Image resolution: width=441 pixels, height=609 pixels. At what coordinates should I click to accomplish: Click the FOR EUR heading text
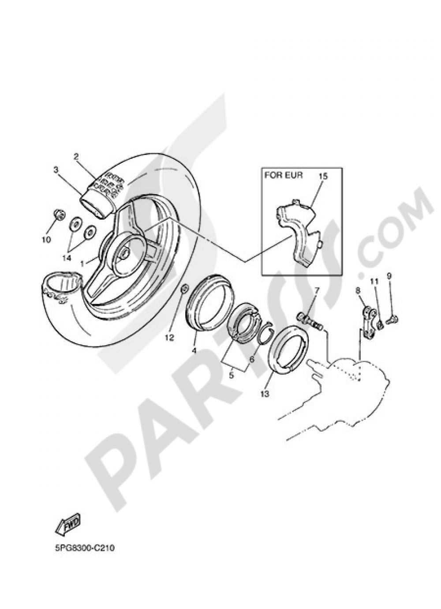(x=284, y=175)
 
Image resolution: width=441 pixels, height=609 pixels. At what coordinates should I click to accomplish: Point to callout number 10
(x=46, y=240)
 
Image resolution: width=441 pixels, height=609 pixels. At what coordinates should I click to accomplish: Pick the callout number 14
(x=66, y=258)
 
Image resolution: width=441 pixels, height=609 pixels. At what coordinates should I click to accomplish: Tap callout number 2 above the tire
(x=76, y=156)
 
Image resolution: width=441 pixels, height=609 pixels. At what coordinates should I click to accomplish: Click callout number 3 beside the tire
(x=56, y=169)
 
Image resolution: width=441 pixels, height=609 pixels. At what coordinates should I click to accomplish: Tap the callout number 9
(x=389, y=276)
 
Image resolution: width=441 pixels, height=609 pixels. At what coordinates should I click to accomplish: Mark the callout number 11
(x=374, y=281)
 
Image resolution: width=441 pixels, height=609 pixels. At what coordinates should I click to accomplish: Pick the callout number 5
(x=231, y=376)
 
